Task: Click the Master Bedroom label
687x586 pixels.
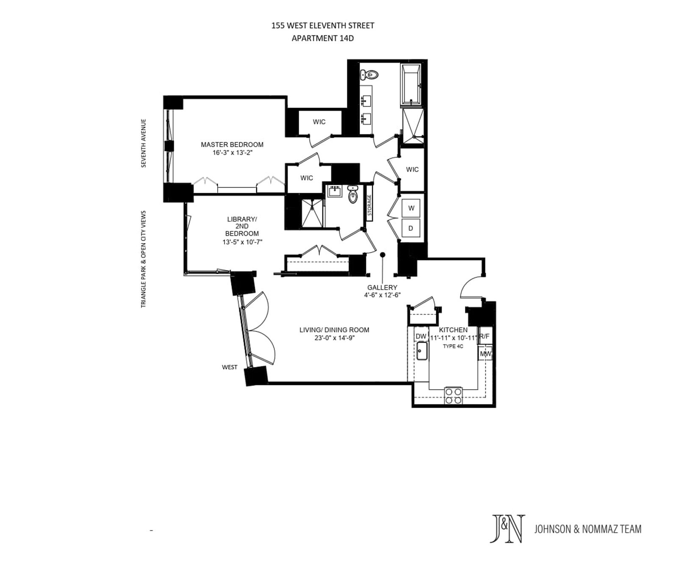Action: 232,144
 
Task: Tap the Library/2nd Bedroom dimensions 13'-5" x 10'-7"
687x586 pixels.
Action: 242,242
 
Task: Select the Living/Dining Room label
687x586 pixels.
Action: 334,330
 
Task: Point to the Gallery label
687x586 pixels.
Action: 382,287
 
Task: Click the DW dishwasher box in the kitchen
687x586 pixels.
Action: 421,336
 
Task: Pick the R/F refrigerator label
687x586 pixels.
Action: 485,336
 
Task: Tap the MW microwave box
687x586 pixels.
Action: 485,354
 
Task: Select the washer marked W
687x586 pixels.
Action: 411,208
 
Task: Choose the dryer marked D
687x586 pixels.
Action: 410,228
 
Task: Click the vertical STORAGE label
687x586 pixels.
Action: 369,205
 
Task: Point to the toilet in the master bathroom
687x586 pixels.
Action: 369,75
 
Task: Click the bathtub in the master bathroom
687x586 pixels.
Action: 411,85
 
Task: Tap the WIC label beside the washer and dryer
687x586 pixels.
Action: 412,169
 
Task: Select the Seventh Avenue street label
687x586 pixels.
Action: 144,143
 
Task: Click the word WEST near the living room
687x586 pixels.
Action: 230,367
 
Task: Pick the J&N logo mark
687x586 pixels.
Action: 507,529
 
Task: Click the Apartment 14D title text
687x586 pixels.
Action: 323,38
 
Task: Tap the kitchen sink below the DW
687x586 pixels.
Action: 421,351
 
